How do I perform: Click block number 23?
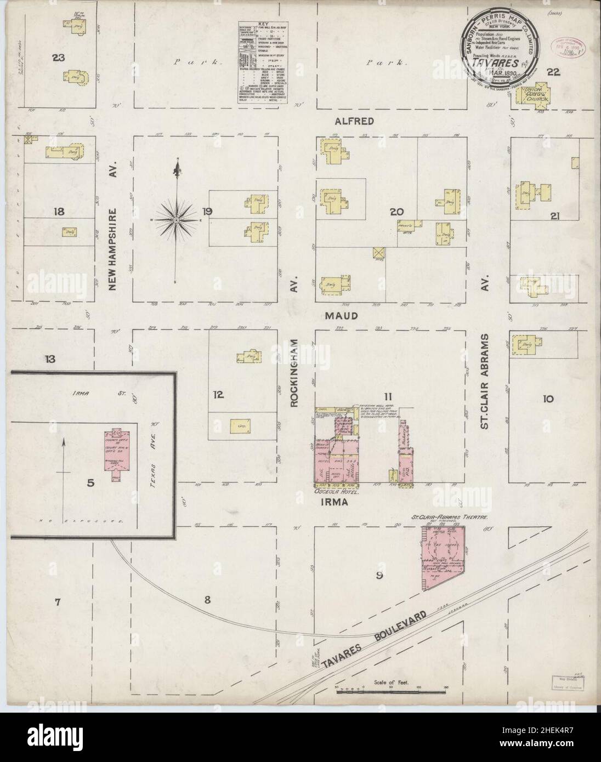59,57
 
